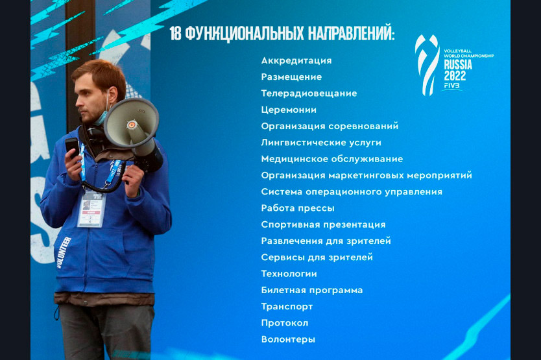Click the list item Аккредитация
click(296, 61)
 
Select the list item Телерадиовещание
click(309, 93)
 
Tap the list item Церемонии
click(289, 110)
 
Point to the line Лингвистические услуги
click(321, 143)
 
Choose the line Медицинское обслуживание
click(332, 159)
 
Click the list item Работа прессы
click(298, 208)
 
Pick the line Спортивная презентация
click(323, 224)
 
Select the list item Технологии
click(289, 274)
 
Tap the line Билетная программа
click(312, 291)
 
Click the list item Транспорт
click(287, 307)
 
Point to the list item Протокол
click(285, 323)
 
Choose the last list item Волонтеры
click(288, 339)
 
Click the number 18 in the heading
click(175, 34)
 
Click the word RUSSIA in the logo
click(458, 65)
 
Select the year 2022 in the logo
click(455, 76)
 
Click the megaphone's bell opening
click(130, 123)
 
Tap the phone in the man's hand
click(72, 147)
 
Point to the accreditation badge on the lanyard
click(91, 209)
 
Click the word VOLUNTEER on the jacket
click(63, 252)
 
